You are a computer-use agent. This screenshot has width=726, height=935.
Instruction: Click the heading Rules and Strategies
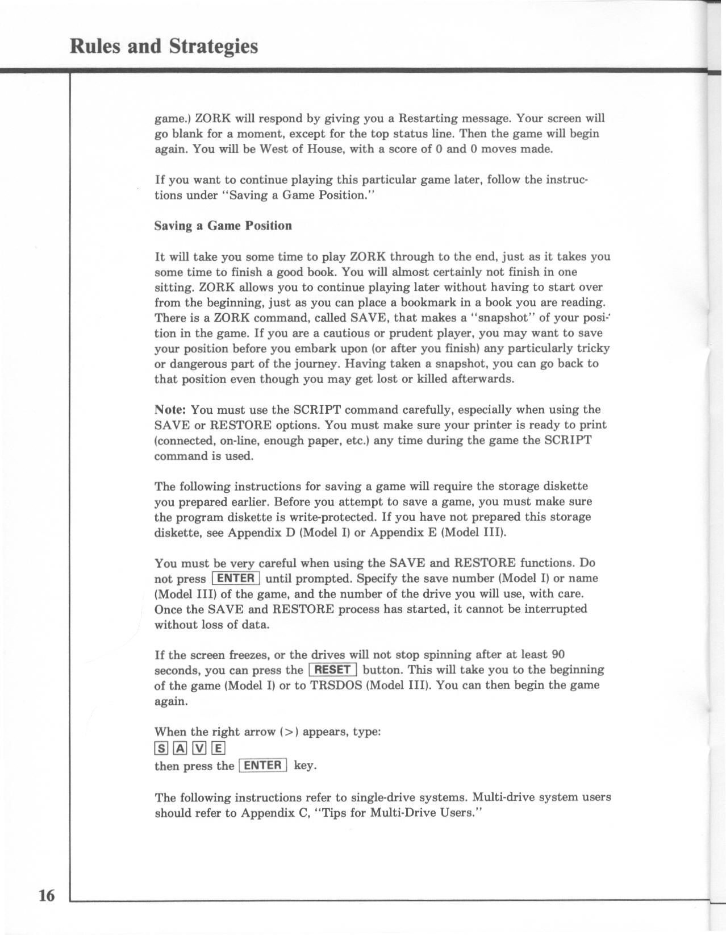pyautogui.click(x=164, y=45)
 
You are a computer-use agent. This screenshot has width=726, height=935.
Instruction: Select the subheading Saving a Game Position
pyautogui.click(x=223, y=226)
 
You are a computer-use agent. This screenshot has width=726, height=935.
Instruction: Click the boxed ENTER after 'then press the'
pyautogui.click(x=263, y=765)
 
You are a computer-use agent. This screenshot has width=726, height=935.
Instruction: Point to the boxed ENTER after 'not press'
pyautogui.click(x=236, y=579)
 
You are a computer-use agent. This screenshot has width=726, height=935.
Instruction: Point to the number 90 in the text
pyautogui.click(x=557, y=655)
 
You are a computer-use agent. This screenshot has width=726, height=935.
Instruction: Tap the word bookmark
pyautogui.click(x=428, y=302)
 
